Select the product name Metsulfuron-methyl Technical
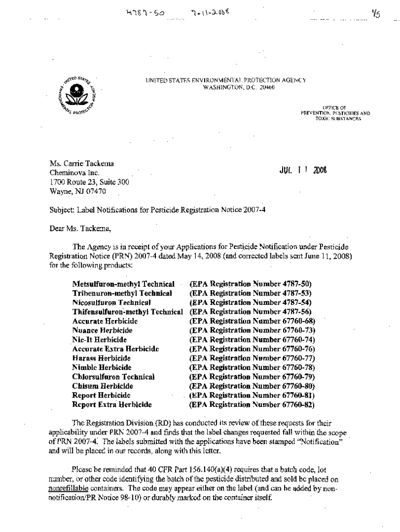pos(123,285)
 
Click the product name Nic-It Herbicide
pos(99,340)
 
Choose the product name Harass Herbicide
pos(101,358)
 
